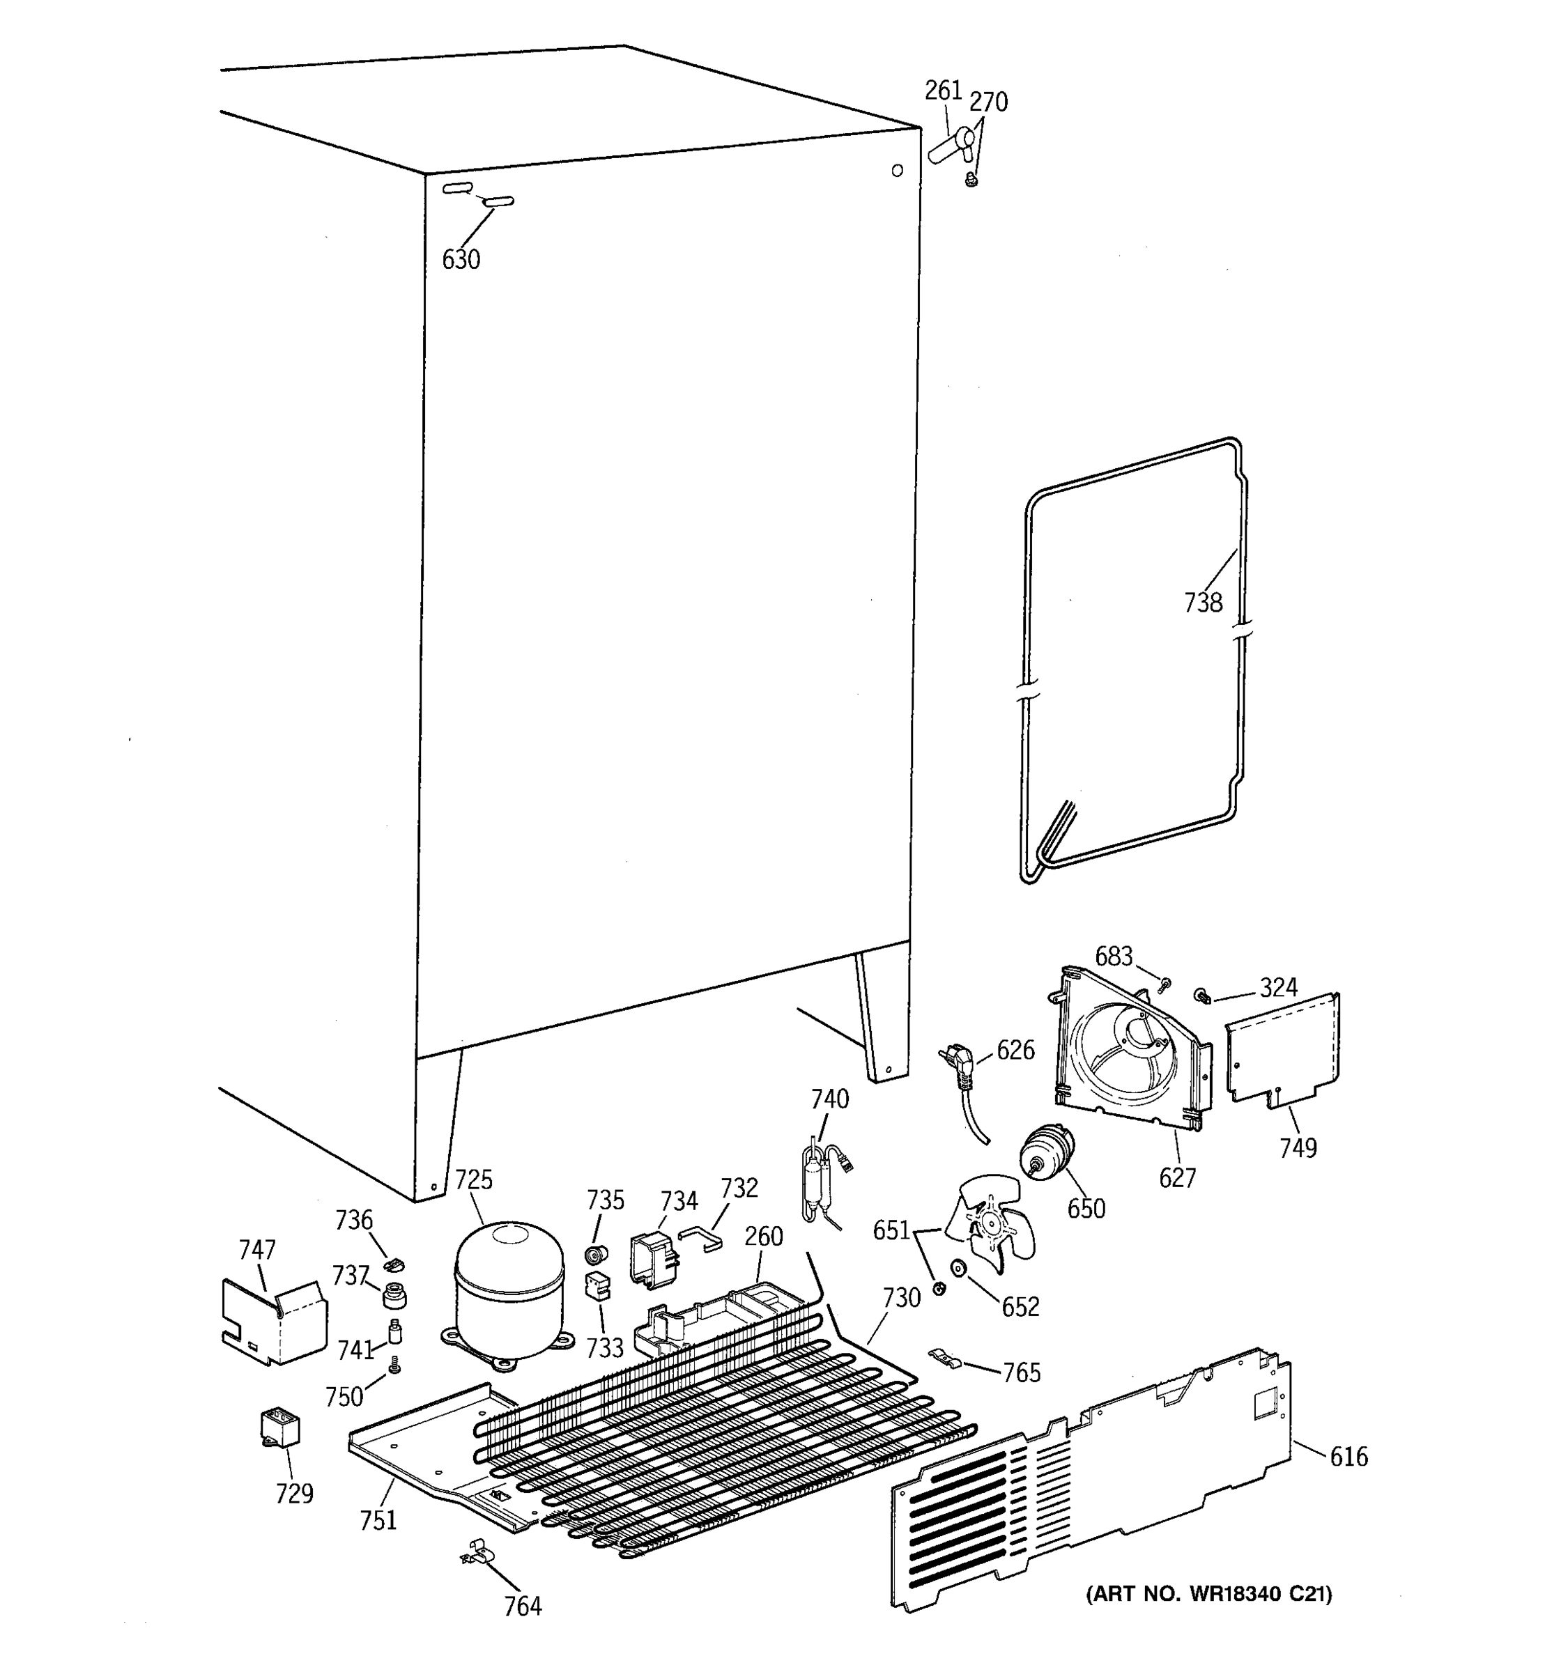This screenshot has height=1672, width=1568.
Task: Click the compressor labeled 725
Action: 509,1288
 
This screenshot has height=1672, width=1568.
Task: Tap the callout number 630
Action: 461,260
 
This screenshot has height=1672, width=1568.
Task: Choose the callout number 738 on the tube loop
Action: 1202,602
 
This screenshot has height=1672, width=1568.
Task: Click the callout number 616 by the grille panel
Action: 1348,1456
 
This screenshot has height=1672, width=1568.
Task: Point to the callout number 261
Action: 943,91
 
